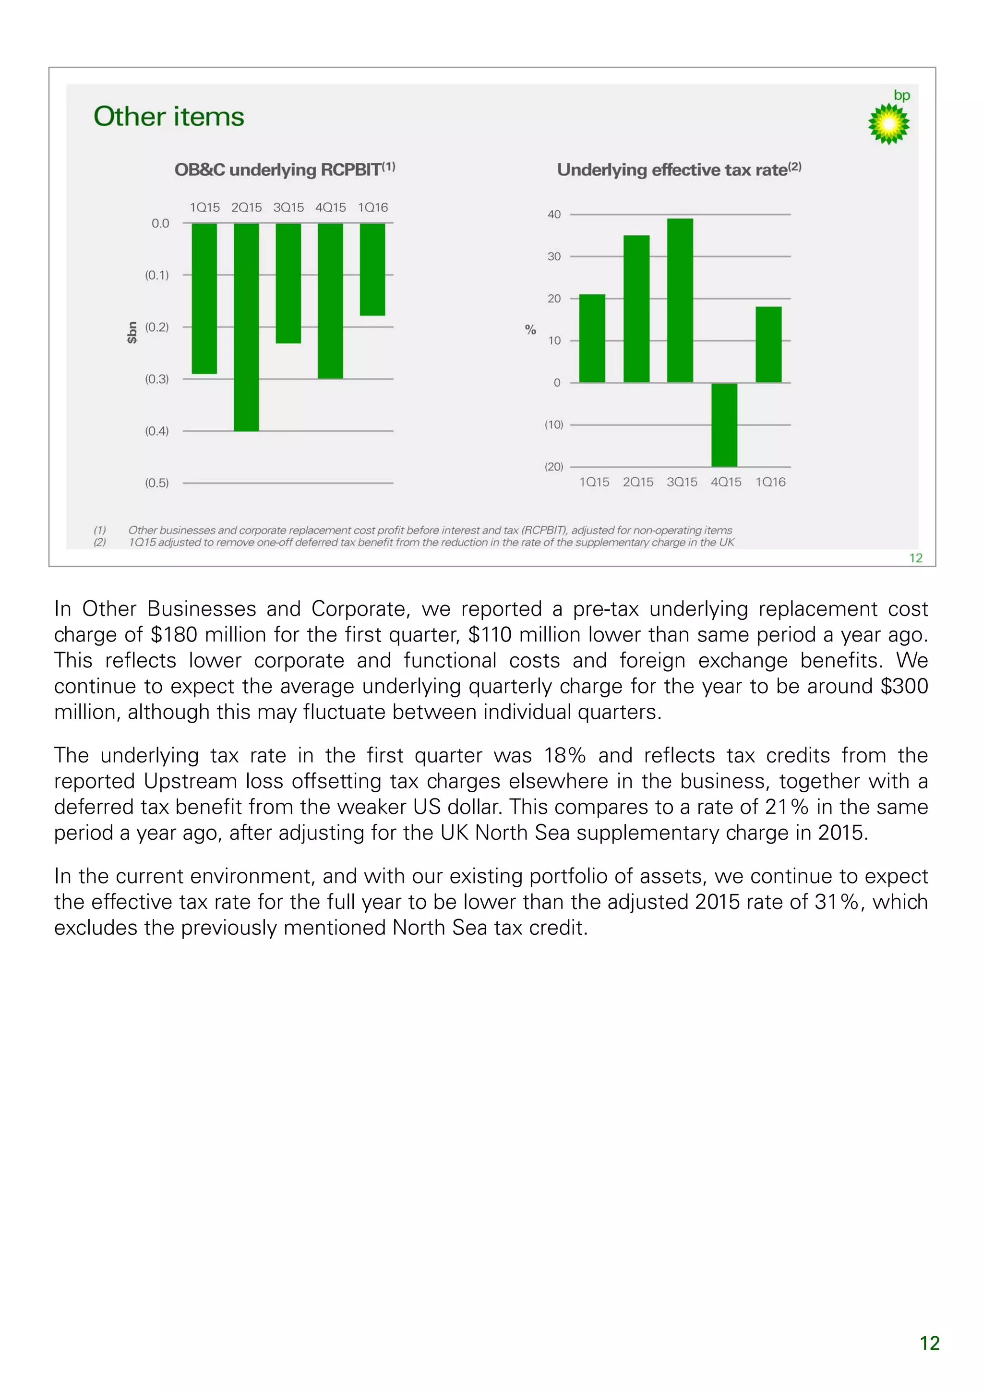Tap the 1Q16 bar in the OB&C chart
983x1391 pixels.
pyautogui.click(x=372, y=269)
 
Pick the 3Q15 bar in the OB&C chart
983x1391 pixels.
pyautogui.click(x=288, y=283)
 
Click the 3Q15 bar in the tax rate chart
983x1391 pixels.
pyautogui.click(x=680, y=301)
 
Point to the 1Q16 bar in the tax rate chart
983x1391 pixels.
pyautogui.click(x=768, y=344)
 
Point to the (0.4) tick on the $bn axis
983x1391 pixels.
pyautogui.click(x=156, y=431)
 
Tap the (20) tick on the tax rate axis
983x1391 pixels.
pyautogui.click(x=553, y=467)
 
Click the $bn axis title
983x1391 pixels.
pyautogui.click(x=132, y=333)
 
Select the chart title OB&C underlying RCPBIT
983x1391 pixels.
pyautogui.click(x=284, y=169)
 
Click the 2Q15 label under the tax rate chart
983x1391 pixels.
pyautogui.click(x=638, y=482)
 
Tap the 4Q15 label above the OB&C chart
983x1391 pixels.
pyautogui.click(x=330, y=208)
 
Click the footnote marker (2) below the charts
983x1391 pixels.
pyautogui.click(x=100, y=542)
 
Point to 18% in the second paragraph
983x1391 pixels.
pyautogui.click(x=564, y=755)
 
